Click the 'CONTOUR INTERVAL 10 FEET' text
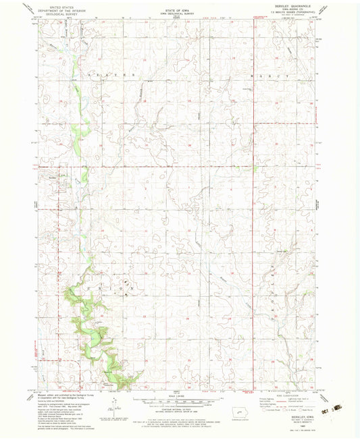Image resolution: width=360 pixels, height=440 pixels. [180, 411]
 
